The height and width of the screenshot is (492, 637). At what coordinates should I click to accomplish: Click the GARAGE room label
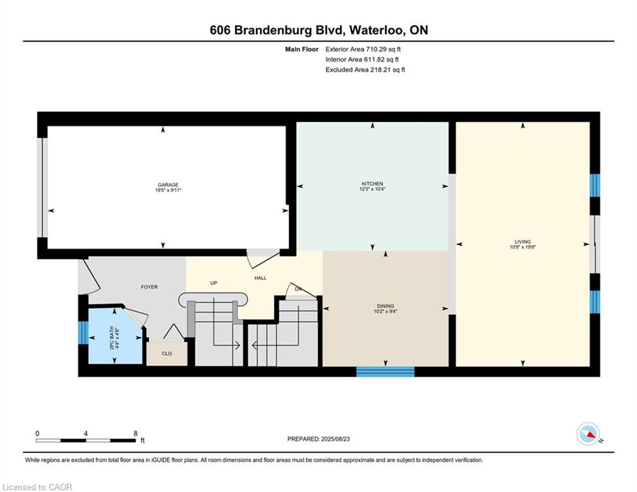coord(168,184)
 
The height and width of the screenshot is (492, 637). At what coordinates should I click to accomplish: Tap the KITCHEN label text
coord(372,184)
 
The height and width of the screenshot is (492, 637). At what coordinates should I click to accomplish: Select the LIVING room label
coord(522,242)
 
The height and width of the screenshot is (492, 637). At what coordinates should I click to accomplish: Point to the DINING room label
coord(385,306)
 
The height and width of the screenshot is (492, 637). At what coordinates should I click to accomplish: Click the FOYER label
coord(149,287)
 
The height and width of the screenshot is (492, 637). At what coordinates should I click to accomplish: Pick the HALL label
coord(261,278)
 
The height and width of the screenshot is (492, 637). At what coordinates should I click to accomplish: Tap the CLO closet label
coord(167,354)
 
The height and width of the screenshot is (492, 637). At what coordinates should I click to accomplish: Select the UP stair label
coord(214,283)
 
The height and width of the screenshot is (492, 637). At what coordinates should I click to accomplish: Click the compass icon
coord(588,434)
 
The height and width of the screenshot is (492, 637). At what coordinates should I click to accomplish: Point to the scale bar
coord(86,440)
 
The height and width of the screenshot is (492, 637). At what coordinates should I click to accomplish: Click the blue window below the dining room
coord(385,371)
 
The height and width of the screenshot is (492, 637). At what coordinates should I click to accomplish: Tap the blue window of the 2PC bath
coord(83,332)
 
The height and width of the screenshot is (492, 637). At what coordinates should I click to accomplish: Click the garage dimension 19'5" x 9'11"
coord(168,190)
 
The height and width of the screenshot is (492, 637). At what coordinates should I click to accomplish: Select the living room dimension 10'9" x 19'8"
coord(523,247)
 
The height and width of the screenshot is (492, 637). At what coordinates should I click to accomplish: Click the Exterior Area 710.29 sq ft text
coord(363,49)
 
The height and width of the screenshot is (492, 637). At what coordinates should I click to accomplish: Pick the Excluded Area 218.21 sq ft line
coord(365,70)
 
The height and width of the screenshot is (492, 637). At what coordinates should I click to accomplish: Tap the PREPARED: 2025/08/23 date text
coord(319,439)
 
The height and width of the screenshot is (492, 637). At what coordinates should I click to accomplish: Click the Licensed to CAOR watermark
coord(37,487)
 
